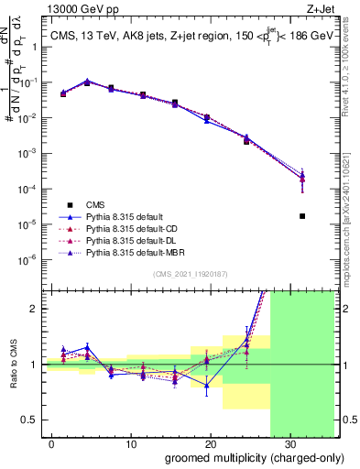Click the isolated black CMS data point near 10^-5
coord(302,216)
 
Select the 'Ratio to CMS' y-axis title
coord(15,365)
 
